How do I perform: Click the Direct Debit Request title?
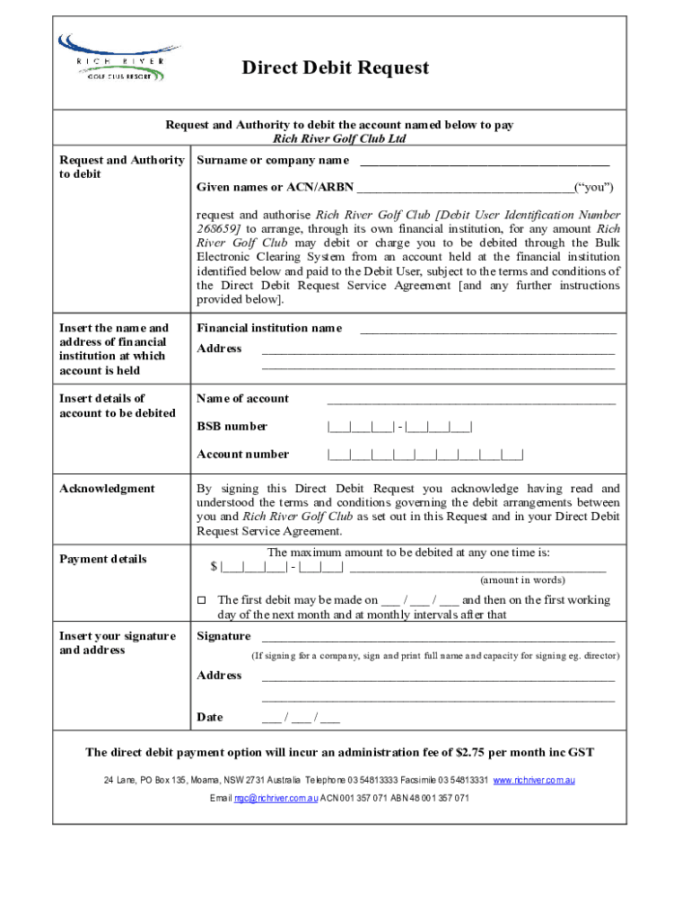(x=336, y=68)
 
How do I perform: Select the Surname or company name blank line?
(x=485, y=164)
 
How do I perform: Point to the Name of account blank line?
(x=471, y=402)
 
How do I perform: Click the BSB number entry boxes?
(x=400, y=427)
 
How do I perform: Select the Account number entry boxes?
(x=425, y=455)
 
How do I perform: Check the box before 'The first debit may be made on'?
(x=202, y=600)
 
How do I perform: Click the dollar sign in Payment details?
(x=214, y=566)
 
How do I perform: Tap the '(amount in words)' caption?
(x=521, y=580)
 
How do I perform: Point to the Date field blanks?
(x=301, y=718)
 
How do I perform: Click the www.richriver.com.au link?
(x=534, y=781)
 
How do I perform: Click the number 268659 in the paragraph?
(x=219, y=229)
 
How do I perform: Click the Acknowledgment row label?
(x=107, y=489)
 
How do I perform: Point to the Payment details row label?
(x=102, y=559)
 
